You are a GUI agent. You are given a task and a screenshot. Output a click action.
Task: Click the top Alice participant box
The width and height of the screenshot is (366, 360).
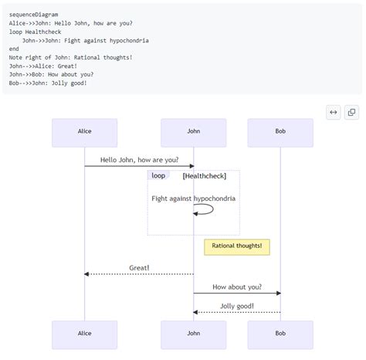tap(84, 132)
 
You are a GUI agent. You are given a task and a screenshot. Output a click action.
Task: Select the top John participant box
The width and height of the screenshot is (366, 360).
tap(193, 132)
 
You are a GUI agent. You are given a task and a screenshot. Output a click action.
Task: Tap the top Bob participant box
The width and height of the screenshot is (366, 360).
tap(280, 132)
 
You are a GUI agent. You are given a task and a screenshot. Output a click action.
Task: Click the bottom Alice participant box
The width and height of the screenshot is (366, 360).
tap(84, 334)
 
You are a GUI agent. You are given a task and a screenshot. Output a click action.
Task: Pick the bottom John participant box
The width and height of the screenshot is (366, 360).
tap(193, 334)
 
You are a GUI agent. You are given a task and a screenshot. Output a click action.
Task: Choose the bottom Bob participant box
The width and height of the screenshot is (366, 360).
tap(280, 334)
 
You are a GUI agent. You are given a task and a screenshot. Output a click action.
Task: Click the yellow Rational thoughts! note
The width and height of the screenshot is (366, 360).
tap(236, 246)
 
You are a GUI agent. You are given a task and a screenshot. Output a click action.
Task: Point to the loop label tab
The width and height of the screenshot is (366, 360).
tap(158, 175)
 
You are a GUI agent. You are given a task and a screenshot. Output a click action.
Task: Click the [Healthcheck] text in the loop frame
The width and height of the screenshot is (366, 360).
tap(205, 175)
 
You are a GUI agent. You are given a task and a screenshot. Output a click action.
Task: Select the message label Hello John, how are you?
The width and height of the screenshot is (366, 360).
tap(139, 160)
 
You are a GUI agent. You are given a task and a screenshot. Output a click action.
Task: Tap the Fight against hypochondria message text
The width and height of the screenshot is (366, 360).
tap(193, 199)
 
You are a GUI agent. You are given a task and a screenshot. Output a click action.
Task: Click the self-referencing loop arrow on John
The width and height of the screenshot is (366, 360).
tap(205, 209)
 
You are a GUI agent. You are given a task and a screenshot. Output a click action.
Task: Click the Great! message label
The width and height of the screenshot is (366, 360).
tap(139, 268)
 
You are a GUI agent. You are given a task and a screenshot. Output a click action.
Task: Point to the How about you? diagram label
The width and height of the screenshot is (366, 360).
tap(236, 287)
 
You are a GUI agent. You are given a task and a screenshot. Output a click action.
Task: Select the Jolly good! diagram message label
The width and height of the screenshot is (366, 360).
tap(236, 306)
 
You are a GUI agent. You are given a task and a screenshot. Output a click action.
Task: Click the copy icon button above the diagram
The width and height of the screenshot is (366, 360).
tap(351, 112)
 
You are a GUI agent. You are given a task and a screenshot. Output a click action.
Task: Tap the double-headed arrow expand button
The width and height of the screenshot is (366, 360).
tap(334, 112)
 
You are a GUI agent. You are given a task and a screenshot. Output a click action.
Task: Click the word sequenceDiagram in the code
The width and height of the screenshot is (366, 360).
tap(34, 15)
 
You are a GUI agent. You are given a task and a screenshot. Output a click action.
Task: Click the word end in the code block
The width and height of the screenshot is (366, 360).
tap(14, 49)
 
